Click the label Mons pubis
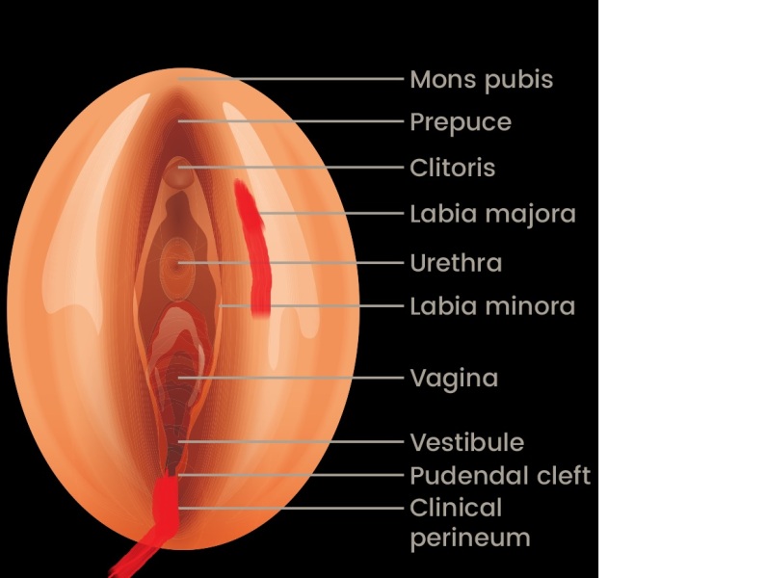pyautogui.click(x=481, y=79)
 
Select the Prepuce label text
pyautogui.click(x=460, y=122)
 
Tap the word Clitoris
pyautogui.click(x=452, y=168)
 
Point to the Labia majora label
pyautogui.click(x=492, y=214)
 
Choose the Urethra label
pyautogui.click(x=456, y=262)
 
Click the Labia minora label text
pyautogui.click(x=492, y=306)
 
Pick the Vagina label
pyautogui.click(x=454, y=378)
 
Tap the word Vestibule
pyautogui.click(x=466, y=442)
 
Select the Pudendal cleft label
pyautogui.click(x=499, y=475)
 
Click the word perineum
pyautogui.click(x=470, y=538)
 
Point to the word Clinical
pyautogui.click(x=456, y=507)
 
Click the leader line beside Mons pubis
pyautogui.click(x=289, y=78)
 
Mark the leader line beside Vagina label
pyautogui.click(x=289, y=378)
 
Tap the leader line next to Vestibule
pyautogui.click(x=289, y=442)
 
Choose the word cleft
pyautogui.click(x=563, y=475)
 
